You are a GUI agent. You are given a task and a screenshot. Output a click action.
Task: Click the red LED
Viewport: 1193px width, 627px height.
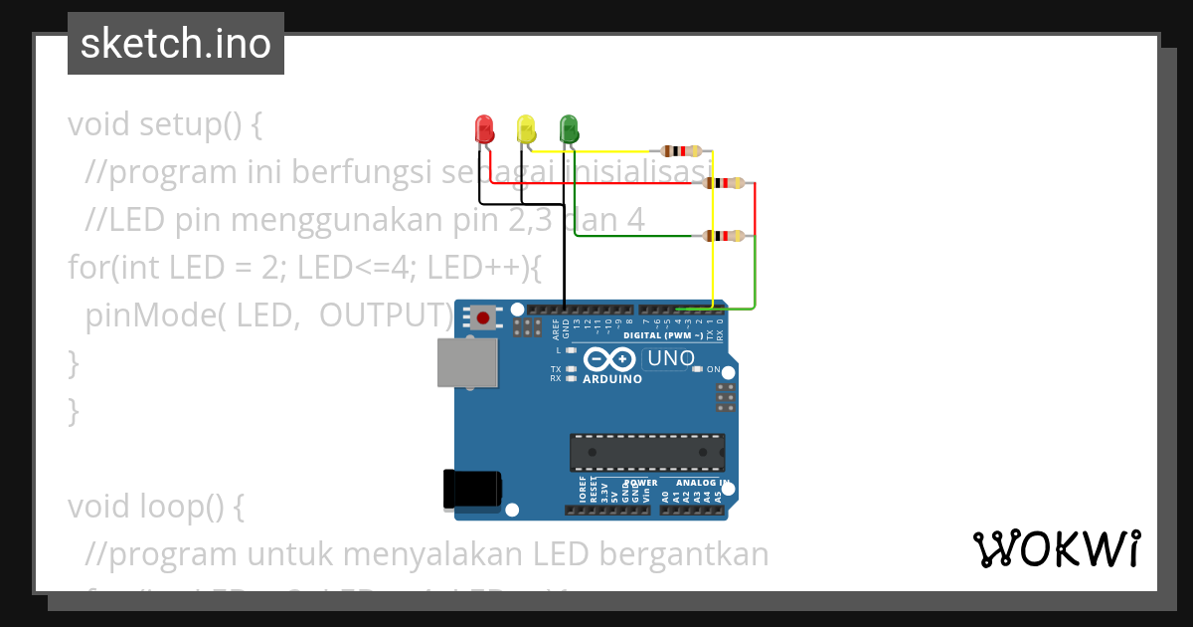pos(484,128)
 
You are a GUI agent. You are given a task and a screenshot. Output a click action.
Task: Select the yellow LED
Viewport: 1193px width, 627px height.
pos(526,128)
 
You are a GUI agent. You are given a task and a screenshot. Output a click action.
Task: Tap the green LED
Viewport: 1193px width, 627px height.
pos(569,128)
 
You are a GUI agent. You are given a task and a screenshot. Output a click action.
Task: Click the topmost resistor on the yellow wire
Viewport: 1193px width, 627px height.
pos(682,151)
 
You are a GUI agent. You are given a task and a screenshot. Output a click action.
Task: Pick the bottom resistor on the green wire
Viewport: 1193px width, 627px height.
pos(724,236)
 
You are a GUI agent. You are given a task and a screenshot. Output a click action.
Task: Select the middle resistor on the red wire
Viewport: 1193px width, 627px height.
pos(724,183)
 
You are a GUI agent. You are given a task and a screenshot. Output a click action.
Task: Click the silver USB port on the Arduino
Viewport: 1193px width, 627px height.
pos(467,362)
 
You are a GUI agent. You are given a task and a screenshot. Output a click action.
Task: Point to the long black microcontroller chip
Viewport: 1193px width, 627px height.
pos(646,452)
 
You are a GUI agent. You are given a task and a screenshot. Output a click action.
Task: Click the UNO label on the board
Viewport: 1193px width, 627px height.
pos(671,358)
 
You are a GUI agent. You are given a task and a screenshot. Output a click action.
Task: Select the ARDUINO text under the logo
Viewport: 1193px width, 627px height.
pos(612,379)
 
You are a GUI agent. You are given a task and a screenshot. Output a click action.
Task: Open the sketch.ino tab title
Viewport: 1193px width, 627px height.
pos(176,44)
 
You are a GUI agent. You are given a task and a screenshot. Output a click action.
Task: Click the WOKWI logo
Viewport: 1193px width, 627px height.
pos(1056,548)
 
